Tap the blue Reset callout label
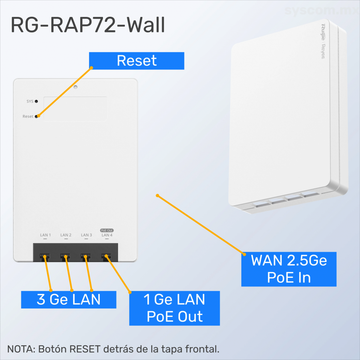[136, 60]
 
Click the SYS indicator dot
[36, 101]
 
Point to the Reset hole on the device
[36, 116]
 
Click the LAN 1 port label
[45, 235]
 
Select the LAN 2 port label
[66, 235]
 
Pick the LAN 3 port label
[86, 235]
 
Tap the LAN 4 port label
[107, 235]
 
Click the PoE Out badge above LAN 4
[107, 230]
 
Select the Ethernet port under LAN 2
[65, 256]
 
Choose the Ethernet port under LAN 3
[85, 256]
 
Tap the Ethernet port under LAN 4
[105, 256]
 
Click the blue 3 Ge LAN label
[69, 300]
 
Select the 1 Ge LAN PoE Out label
[174, 308]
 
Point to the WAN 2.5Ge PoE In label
[289, 269]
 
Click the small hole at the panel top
[76, 86]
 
